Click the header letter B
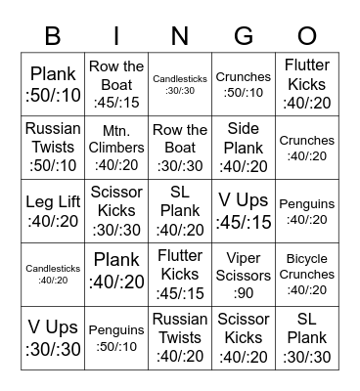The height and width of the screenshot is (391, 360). click(x=53, y=35)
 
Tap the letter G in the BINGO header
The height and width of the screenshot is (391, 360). click(x=244, y=35)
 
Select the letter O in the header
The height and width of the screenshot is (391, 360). click(x=307, y=35)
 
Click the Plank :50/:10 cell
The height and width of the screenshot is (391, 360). click(x=53, y=84)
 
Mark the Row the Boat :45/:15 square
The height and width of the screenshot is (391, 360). click(x=116, y=84)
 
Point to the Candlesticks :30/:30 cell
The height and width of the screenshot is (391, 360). click(x=180, y=84)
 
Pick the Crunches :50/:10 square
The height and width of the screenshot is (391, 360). click(x=244, y=84)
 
